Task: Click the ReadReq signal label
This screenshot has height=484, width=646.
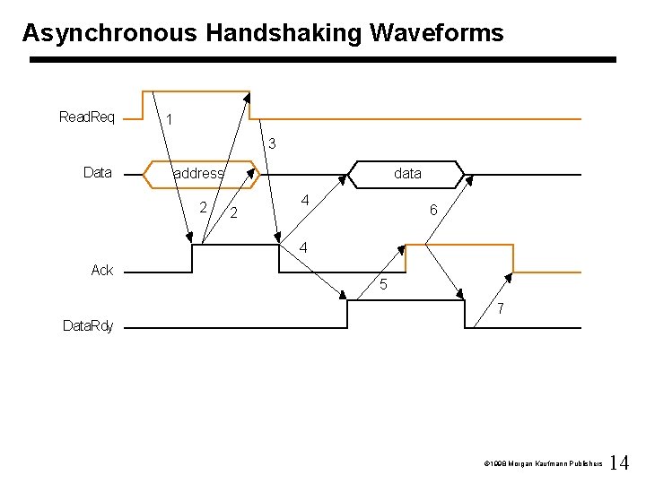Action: (x=86, y=117)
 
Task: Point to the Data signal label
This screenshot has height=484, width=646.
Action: (x=97, y=172)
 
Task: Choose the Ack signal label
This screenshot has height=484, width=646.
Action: (x=102, y=270)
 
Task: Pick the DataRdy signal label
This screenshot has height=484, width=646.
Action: (x=88, y=326)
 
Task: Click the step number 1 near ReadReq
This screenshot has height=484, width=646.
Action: (x=170, y=120)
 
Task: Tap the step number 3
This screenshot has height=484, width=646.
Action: (x=272, y=143)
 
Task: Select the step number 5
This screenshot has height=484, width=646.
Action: (x=383, y=286)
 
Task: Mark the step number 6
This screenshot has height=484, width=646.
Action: (x=433, y=210)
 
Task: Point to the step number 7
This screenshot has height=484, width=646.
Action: (x=501, y=309)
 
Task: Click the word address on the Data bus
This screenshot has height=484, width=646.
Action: (x=198, y=173)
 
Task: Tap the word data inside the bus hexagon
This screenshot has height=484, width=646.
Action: (x=407, y=173)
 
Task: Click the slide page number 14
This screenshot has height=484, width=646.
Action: (x=619, y=463)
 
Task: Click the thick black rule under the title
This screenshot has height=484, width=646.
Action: (x=323, y=60)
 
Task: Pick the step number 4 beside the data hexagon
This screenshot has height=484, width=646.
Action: (x=305, y=200)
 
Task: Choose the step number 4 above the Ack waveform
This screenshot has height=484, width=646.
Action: (x=304, y=246)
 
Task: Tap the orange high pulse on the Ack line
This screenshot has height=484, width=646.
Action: (x=459, y=244)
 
